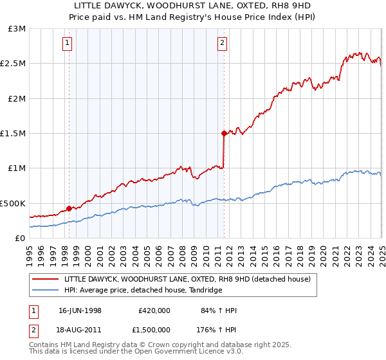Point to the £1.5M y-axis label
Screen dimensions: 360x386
14,134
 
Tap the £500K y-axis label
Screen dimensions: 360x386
14,203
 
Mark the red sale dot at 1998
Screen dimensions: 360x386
69,208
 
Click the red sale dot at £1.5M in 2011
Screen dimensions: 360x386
224,133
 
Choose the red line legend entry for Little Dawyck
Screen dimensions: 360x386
187,279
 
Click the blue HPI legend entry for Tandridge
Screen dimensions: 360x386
143,291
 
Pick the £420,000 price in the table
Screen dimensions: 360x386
154,310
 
